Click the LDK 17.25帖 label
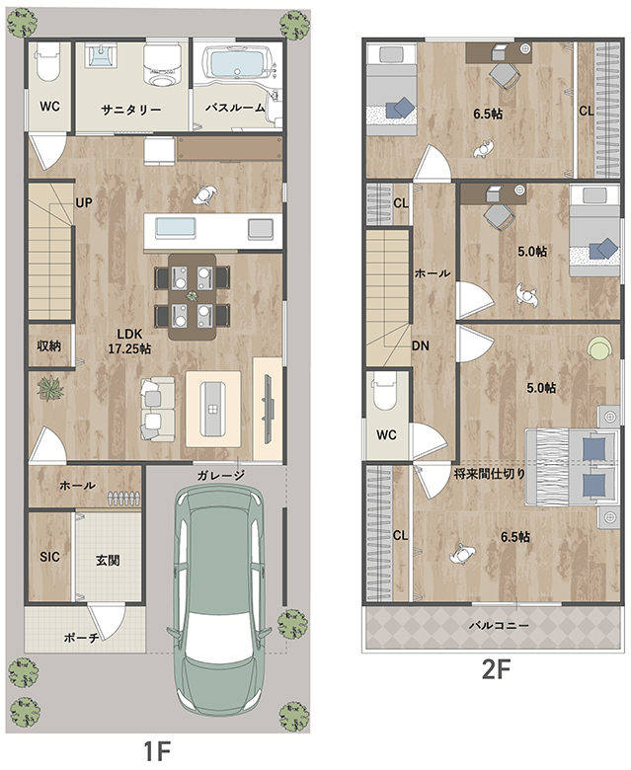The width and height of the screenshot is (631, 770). pyautogui.click(x=129, y=342)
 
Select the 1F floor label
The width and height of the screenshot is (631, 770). pyautogui.click(x=157, y=751)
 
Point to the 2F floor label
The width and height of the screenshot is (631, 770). pyautogui.click(x=496, y=669)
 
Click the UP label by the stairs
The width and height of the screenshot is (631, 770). pyautogui.click(x=84, y=202)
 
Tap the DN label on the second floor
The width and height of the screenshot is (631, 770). pyautogui.click(x=421, y=346)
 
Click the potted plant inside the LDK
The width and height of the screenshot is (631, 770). pyautogui.click(x=50, y=388)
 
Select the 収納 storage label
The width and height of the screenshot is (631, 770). pyautogui.click(x=49, y=346)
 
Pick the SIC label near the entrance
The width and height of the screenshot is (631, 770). pyautogui.click(x=49, y=557)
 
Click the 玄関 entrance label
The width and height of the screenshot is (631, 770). pyautogui.click(x=108, y=561)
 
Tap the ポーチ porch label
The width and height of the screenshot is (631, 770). pyautogui.click(x=82, y=638)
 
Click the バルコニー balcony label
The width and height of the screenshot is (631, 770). pyautogui.click(x=499, y=625)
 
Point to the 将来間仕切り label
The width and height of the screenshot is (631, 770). pyautogui.click(x=490, y=474)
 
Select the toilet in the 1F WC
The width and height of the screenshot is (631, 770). pyautogui.click(x=47, y=62)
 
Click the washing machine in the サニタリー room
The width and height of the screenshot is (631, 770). pyautogui.click(x=162, y=64)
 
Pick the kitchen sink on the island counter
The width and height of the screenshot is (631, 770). pyautogui.click(x=176, y=227)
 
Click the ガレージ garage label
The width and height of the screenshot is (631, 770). pyautogui.click(x=221, y=476)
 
